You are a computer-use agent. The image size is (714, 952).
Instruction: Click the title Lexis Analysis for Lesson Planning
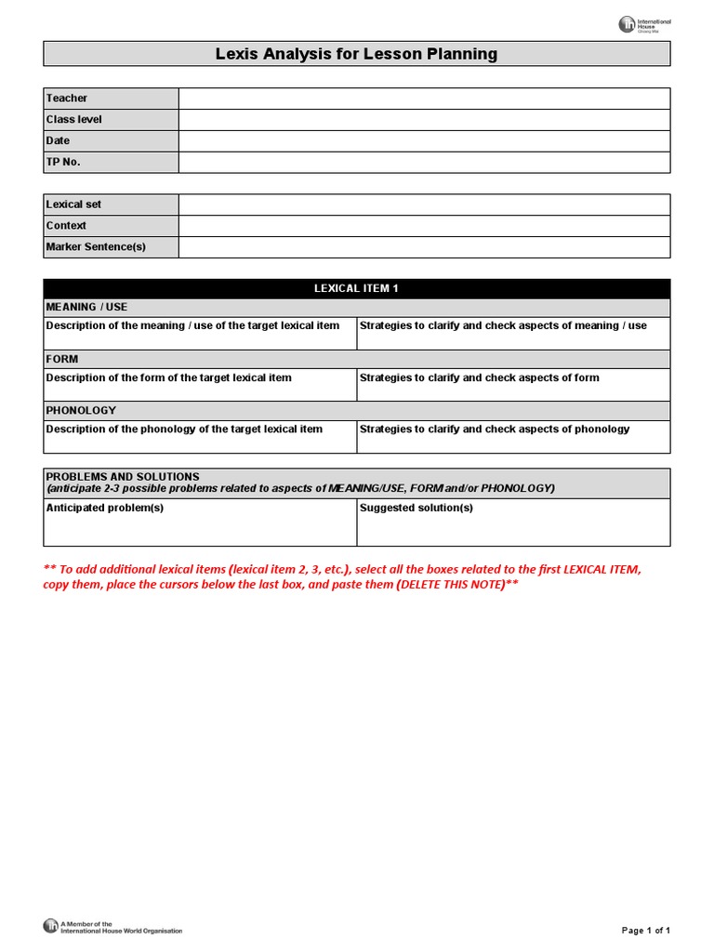[x=356, y=54]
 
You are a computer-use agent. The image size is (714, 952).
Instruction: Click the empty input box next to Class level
[x=424, y=120]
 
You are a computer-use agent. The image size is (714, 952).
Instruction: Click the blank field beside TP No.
[x=424, y=163]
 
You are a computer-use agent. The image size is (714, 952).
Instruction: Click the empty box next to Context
[x=424, y=226]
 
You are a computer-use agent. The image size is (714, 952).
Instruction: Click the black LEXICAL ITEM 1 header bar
[x=356, y=288]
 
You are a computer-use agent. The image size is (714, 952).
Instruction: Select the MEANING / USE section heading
[x=86, y=307]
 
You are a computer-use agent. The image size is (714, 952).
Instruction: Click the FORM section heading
[x=62, y=359]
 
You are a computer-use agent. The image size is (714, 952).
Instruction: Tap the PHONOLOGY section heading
[x=81, y=410]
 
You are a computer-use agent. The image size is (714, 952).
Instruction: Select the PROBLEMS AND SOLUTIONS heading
[x=123, y=477]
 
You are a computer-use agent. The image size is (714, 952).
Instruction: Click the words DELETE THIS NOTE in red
[x=451, y=585]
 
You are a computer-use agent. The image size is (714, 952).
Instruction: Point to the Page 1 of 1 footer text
[x=645, y=930]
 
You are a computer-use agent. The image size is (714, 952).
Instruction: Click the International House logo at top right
[x=644, y=25]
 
